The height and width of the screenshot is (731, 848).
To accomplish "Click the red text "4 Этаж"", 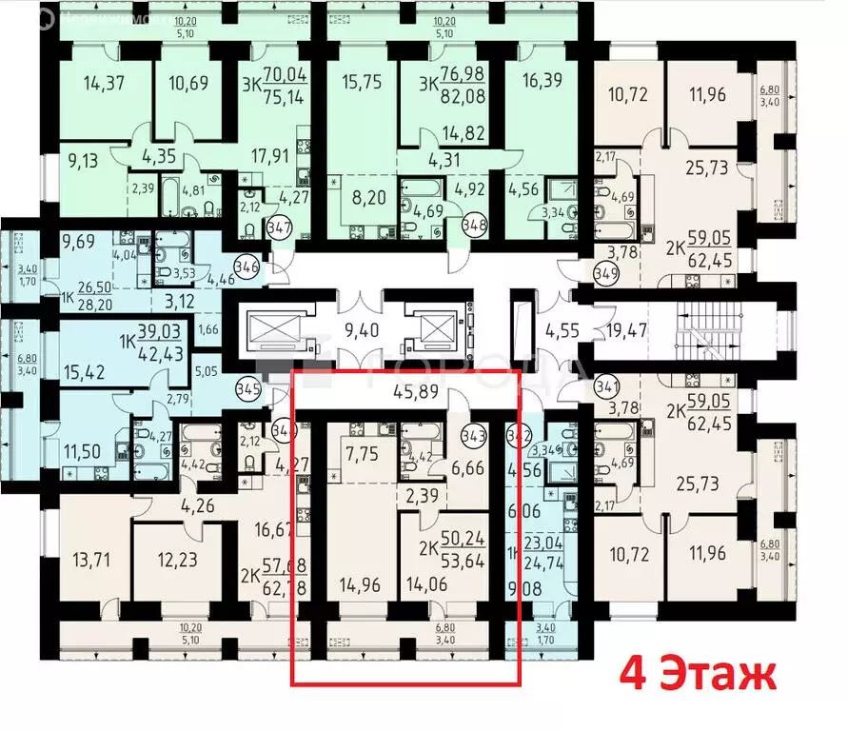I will click(x=698, y=676).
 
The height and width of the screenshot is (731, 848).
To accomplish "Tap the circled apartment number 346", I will click(x=247, y=266).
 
